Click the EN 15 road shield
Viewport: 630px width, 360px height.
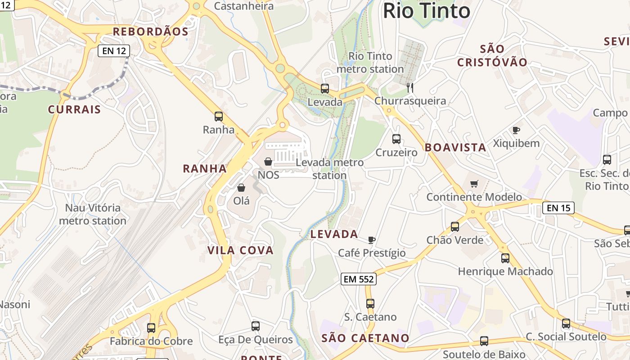click(558, 208)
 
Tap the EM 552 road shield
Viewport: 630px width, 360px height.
click(358, 279)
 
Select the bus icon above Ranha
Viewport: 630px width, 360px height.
click(219, 117)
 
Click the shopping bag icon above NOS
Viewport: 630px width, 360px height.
click(268, 161)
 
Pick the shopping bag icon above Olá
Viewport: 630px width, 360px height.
click(241, 187)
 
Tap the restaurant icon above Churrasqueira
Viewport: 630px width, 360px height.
click(410, 87)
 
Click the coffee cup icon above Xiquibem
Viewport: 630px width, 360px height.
click(516, 130)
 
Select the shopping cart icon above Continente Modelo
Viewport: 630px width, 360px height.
click(474, 184)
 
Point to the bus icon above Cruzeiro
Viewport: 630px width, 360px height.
click(396, 139)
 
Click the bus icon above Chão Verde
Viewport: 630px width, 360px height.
click(455, 226)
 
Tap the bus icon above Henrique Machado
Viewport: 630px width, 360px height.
click(505, 258)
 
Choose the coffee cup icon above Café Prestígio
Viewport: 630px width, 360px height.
click(371, 240)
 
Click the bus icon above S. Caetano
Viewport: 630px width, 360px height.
click(370, 304)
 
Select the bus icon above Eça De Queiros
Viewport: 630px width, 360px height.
click(256, 326)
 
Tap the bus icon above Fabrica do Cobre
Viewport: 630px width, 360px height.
click(151, 328)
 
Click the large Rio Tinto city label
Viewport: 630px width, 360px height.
click(427, 11)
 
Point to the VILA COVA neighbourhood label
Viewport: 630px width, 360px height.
click(240, 251)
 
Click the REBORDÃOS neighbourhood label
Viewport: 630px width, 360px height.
click(150, 31)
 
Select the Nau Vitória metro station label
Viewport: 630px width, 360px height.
click(93, 214)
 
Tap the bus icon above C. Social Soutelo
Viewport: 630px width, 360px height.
click(566, 323)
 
